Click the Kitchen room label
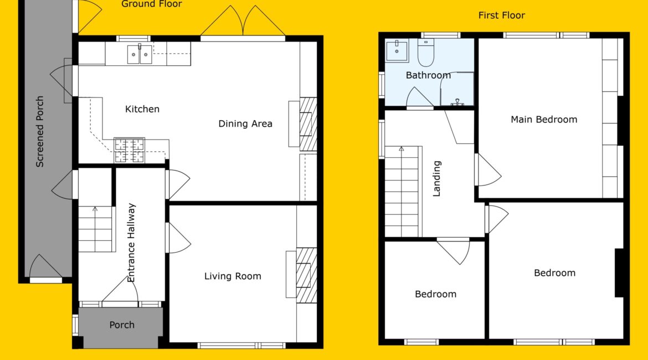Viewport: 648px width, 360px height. coord(142,109)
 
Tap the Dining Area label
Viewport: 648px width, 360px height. coord(245,124)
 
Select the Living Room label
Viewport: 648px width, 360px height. coord(233,276)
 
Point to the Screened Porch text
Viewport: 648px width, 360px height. coord(40,131)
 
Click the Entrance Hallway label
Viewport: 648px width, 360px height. coord(131,243)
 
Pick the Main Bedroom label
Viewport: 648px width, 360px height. coord(544,120)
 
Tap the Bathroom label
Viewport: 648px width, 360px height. coord(428,75)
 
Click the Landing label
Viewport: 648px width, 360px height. coord(437,178)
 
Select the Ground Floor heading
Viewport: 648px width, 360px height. coord(152,4)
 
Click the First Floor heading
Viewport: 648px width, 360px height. coord(502,16)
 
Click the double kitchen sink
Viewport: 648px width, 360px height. coord(139,54)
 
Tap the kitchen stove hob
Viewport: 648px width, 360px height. coord(130,150)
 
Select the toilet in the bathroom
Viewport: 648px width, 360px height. coord(426,53)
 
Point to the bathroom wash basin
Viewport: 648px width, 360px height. coord(397,51)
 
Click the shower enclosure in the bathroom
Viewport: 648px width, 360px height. coord(457,89)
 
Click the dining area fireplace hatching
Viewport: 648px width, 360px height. coord(308,124)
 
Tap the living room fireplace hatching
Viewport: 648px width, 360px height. coord(306,275)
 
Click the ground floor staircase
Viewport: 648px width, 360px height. coord(95,229)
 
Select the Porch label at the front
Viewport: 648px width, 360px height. coord(122,325)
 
